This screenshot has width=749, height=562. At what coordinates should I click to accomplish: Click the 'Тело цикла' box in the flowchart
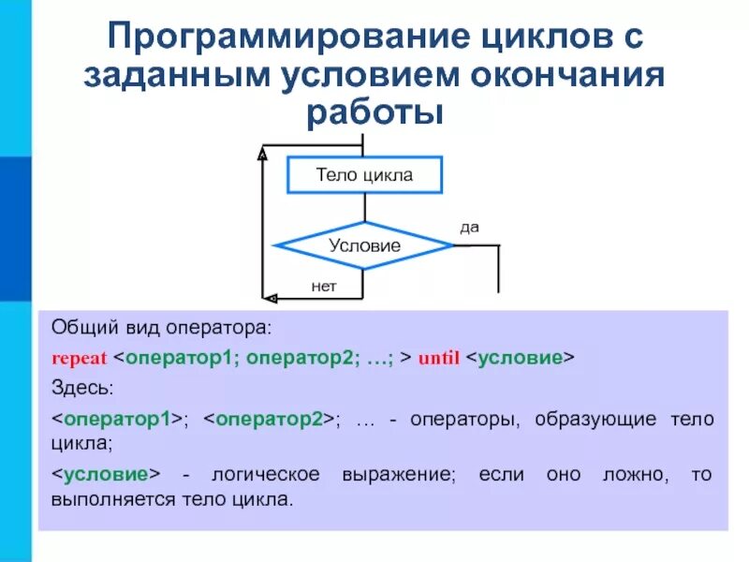point(363,175)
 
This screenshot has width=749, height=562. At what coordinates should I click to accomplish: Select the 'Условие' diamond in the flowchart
point(364,245)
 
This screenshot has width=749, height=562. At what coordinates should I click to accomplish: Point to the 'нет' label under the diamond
point(324,287)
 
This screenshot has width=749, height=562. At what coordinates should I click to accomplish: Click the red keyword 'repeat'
point(81,358)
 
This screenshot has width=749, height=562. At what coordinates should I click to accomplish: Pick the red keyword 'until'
point(438,358)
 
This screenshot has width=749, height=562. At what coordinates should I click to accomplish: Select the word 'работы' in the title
point(374,111)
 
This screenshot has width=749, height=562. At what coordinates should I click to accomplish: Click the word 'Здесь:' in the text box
point(81,387)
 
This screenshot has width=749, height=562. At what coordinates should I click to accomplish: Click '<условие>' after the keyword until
point(520,358)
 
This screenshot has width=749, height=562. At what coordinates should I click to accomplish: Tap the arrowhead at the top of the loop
point(264,150)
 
